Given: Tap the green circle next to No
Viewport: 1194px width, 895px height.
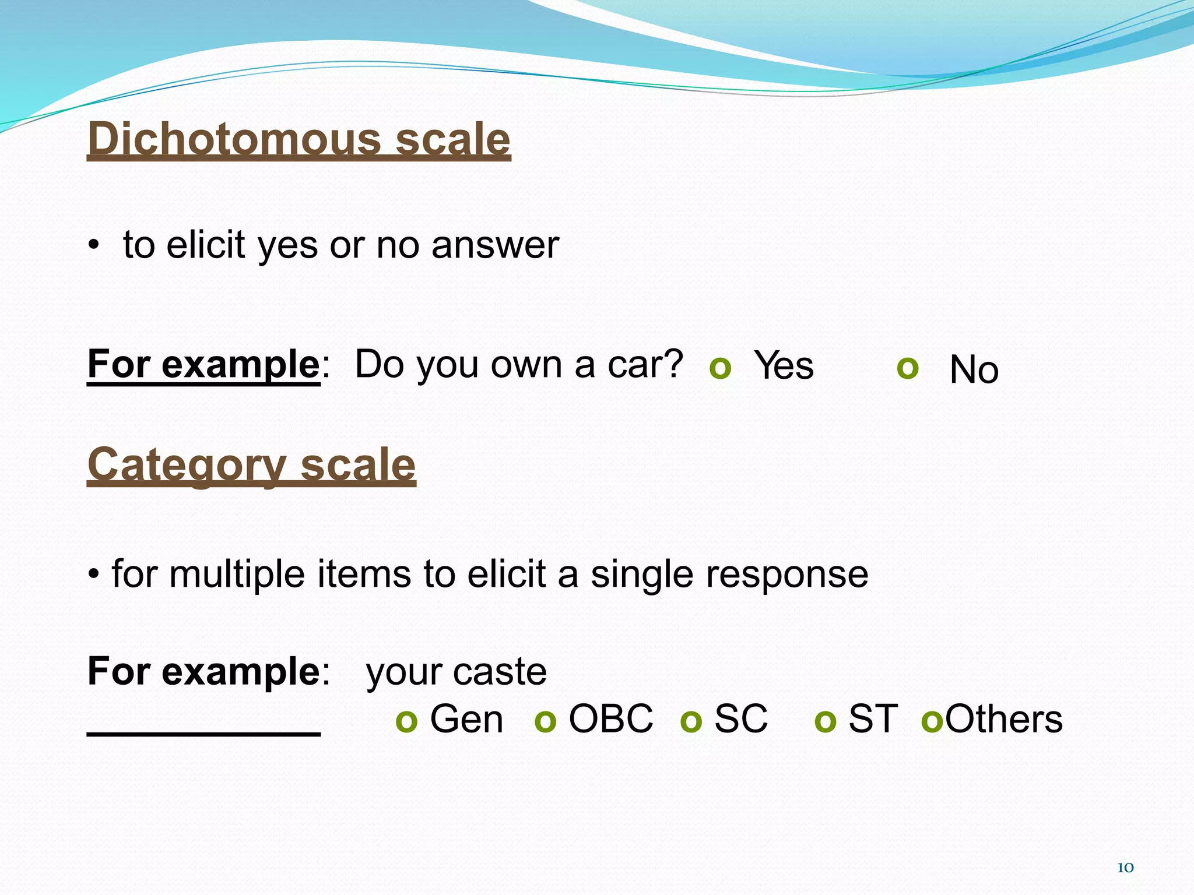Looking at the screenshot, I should coord(908,368).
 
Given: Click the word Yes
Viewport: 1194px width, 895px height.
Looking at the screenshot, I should coord(784,366).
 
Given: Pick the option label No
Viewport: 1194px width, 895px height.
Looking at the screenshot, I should coord(974,369).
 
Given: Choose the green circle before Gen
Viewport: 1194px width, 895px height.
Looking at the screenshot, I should coord(406,721).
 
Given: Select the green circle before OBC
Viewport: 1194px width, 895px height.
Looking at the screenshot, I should coord(545,721).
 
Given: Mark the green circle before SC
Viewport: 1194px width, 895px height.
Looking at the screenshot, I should coord(691,721).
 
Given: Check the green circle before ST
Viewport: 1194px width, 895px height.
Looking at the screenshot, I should coord(826,721).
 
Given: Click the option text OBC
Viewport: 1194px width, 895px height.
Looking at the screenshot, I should coord(610,718).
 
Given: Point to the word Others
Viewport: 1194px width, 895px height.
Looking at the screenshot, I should coord(1004,718).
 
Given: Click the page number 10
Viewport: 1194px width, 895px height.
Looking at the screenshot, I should coord(1125,868).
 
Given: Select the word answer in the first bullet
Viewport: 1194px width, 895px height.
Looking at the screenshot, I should coord(495,245).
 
